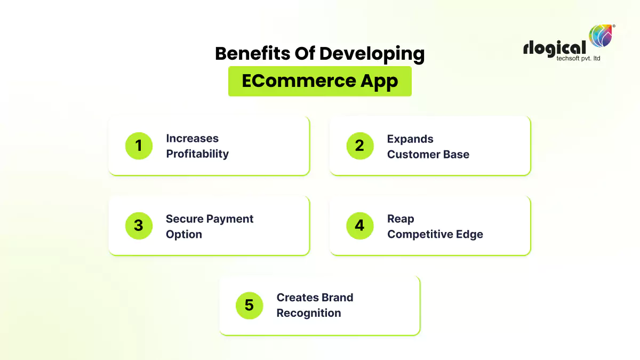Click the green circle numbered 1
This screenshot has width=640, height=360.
tap(139, 146)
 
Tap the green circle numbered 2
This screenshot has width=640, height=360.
tap(359, 146)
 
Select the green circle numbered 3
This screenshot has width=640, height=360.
tap(139, 226)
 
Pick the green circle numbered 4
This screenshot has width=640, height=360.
tap(359, 226)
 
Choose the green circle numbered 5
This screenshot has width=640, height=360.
tap(249, 306)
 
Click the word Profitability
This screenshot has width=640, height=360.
tap(197, 154)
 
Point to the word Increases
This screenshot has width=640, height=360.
tap(192, 139)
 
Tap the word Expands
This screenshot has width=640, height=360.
tap(410, 139)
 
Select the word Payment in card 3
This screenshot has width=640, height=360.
tap(230, 219)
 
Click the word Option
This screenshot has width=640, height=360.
tap(184, 235)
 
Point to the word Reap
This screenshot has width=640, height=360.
tap(401, 219)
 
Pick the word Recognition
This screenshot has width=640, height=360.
tap(309, 313)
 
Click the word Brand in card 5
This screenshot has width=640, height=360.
tap(338, 298)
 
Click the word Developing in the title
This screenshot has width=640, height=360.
tap(372, 54)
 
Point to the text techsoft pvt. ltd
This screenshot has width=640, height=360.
tap(571, 58)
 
